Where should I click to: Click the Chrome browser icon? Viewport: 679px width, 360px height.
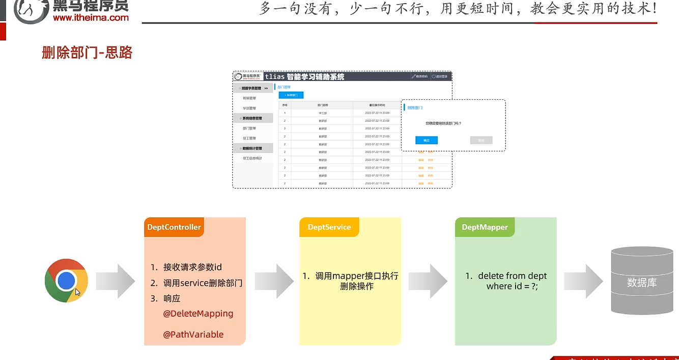(66, 281)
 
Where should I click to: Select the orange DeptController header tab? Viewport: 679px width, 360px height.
(174, 227)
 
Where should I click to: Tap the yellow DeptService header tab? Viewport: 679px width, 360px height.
(329, 227)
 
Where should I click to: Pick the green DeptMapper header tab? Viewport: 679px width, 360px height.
(485, 227)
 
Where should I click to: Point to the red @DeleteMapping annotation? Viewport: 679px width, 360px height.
(198, 314)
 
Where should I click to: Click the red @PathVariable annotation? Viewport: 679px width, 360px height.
(193, 335)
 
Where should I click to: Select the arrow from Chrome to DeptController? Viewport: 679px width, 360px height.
(115, 281)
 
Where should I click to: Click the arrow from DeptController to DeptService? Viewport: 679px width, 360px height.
(274, 281)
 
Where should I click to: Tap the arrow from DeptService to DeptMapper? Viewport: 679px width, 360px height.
(428, 281)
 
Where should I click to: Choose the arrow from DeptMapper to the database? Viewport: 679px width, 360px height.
(583, 281)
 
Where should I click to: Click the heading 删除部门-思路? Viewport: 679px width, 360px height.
(87, 52)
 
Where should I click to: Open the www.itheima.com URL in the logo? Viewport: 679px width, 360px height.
(91, 17)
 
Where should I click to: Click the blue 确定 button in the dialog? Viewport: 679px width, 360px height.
(427, 140)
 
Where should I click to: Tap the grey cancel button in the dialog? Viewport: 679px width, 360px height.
(481, 140)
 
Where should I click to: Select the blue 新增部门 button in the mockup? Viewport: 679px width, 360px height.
(291, 95)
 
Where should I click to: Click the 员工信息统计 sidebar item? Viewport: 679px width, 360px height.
(252, 158)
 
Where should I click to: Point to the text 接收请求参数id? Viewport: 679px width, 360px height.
(192, 267)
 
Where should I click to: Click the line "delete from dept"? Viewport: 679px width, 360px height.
(512, 276)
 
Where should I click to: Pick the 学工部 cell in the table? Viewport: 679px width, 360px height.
(323, 113)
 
